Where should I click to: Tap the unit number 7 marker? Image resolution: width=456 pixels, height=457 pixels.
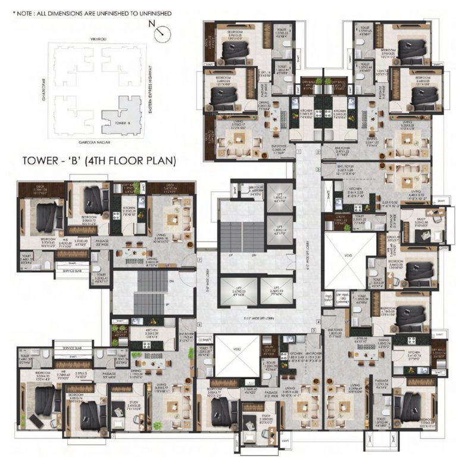199,260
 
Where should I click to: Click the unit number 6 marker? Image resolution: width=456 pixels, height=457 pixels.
200,324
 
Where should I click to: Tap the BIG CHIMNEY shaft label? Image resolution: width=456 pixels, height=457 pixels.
343,296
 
